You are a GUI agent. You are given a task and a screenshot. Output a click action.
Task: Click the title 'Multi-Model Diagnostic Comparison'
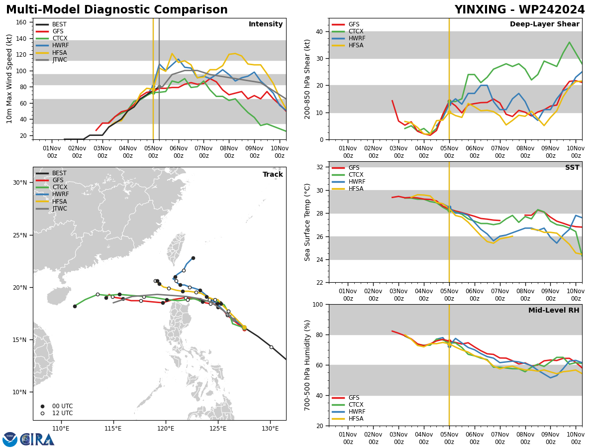[x=117, y=9]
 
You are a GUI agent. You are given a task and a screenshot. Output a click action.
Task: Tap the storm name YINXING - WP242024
[x=519, y=9]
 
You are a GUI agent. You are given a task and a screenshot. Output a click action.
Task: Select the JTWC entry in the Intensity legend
[x=60, y=60]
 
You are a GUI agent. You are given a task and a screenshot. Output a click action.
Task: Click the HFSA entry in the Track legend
[x=60, y=201]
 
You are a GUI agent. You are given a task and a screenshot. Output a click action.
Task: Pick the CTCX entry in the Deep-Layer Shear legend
[x=356, y=31]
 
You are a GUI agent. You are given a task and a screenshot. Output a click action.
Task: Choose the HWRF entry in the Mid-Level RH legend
[x=357, y=412]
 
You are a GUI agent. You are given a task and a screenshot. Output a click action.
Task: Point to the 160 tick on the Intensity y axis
[x=21, y=22]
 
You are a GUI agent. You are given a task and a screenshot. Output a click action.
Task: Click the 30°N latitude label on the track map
[x=20, y=183]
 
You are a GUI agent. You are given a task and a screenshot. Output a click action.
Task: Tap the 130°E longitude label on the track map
[x=270, y=429]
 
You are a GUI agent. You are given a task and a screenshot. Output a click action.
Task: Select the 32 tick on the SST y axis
[x=319, y=167]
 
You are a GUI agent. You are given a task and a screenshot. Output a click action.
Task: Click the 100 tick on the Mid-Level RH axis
[x=318, y=305]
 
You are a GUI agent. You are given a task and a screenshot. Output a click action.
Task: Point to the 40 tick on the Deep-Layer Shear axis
[x=319, y=31]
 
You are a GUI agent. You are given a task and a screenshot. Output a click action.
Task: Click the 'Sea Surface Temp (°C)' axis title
[x=307, y=222]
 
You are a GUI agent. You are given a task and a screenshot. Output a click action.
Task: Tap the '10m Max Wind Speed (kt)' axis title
[x=9, y=79]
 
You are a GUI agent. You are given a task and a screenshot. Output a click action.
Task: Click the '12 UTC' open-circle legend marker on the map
[x=42, y=413]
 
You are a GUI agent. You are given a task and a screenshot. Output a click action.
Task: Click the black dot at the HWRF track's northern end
[x=193, y=258]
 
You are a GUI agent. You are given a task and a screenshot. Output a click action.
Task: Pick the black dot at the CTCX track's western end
[x=75, y=306]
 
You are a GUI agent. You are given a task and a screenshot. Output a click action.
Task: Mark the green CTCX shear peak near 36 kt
[x=569, y=42]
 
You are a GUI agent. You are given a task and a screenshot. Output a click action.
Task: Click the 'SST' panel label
[x=572, y=167]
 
